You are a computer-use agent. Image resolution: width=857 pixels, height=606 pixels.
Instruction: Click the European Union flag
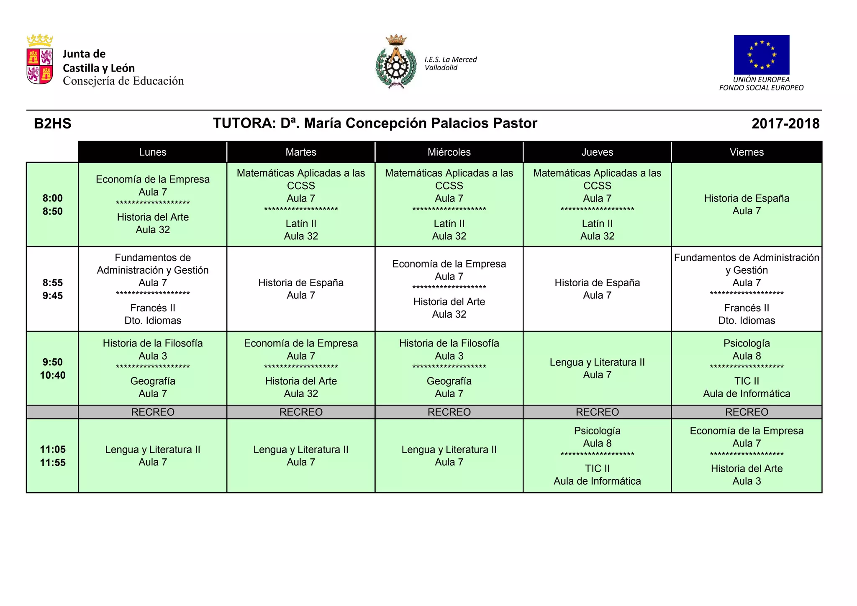pos(761,55)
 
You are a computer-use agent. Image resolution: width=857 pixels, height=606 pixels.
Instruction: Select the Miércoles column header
pos(449,152)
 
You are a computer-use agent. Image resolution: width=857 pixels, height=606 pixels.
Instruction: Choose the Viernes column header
pos(747,152)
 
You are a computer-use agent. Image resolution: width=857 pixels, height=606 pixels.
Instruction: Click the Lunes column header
pos(153,152)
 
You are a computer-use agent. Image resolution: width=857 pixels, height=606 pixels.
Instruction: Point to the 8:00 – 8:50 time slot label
pos(53,205)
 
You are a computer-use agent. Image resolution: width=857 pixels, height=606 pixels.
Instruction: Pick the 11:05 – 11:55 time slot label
pos(53,456)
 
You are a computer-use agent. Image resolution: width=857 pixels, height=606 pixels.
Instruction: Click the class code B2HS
pos(53,123)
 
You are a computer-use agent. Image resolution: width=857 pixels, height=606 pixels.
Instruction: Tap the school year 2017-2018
pos(785,123)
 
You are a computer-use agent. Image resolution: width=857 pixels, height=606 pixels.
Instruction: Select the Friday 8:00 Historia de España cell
pos(747,205)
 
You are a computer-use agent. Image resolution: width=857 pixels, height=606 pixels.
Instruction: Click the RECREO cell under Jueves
pos(597,412)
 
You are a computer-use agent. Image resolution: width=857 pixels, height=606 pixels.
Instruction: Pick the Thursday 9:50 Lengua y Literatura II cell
pos(597,368)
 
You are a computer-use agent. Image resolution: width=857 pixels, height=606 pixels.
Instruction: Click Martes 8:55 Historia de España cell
pos(301,289)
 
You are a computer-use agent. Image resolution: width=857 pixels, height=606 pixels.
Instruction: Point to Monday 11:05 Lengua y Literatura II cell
pos(153,456)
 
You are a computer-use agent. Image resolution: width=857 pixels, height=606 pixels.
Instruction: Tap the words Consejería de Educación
pos(123,81)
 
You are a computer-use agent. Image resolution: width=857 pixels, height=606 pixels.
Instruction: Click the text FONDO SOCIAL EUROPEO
pos(761,88)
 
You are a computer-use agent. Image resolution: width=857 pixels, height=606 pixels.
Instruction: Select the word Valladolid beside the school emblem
pos(441,68)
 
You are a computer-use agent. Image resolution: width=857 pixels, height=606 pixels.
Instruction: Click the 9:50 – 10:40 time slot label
pos(53,368)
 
